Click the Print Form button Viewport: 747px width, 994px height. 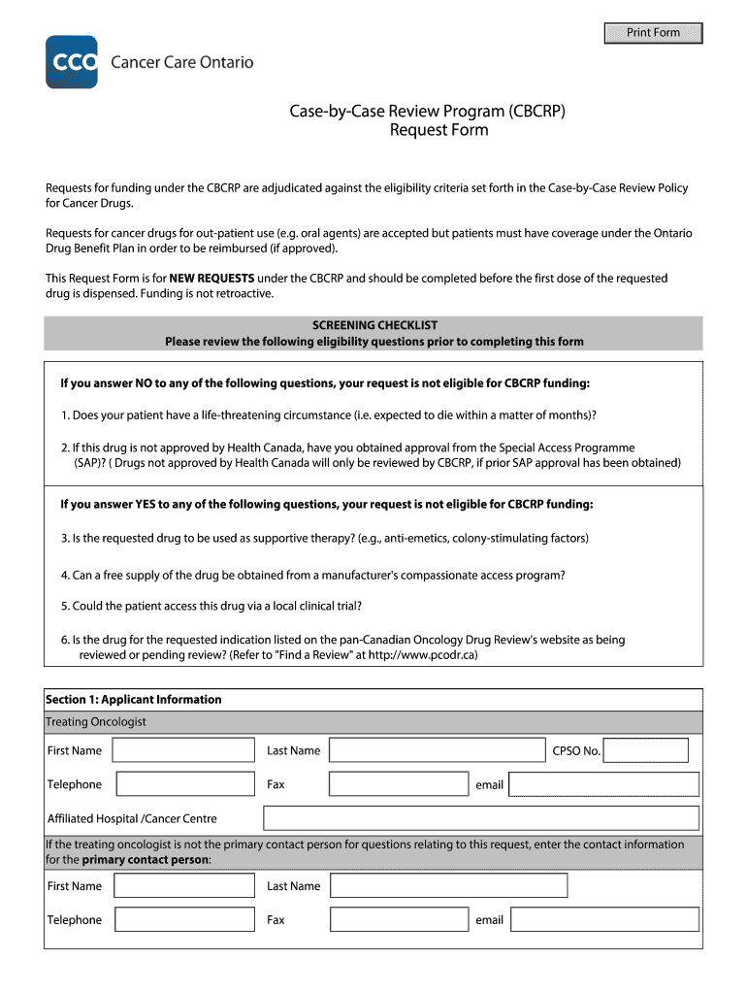click(653, 33)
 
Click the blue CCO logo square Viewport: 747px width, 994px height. click(72, 62)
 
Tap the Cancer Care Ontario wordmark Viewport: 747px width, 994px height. click(181, 62)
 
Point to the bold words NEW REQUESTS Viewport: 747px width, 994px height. click(211, 279)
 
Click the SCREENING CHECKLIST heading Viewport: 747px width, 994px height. click(373, 325)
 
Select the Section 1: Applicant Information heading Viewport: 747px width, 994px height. click(134, 699)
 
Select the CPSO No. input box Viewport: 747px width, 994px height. click(649, 750)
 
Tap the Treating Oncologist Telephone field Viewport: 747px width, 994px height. click(185, 784)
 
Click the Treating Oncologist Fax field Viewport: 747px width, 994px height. click(399, 784)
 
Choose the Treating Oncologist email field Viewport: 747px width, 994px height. click(603, 784)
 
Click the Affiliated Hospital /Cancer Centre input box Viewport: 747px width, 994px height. click(481, 818)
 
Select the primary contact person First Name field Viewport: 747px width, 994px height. click(185, 885)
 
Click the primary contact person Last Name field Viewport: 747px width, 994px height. click(448, 885)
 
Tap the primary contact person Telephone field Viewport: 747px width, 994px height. click(185, 919)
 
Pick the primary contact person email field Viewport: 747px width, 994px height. click(604, 919)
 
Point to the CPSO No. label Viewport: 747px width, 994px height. click(576, 750)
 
